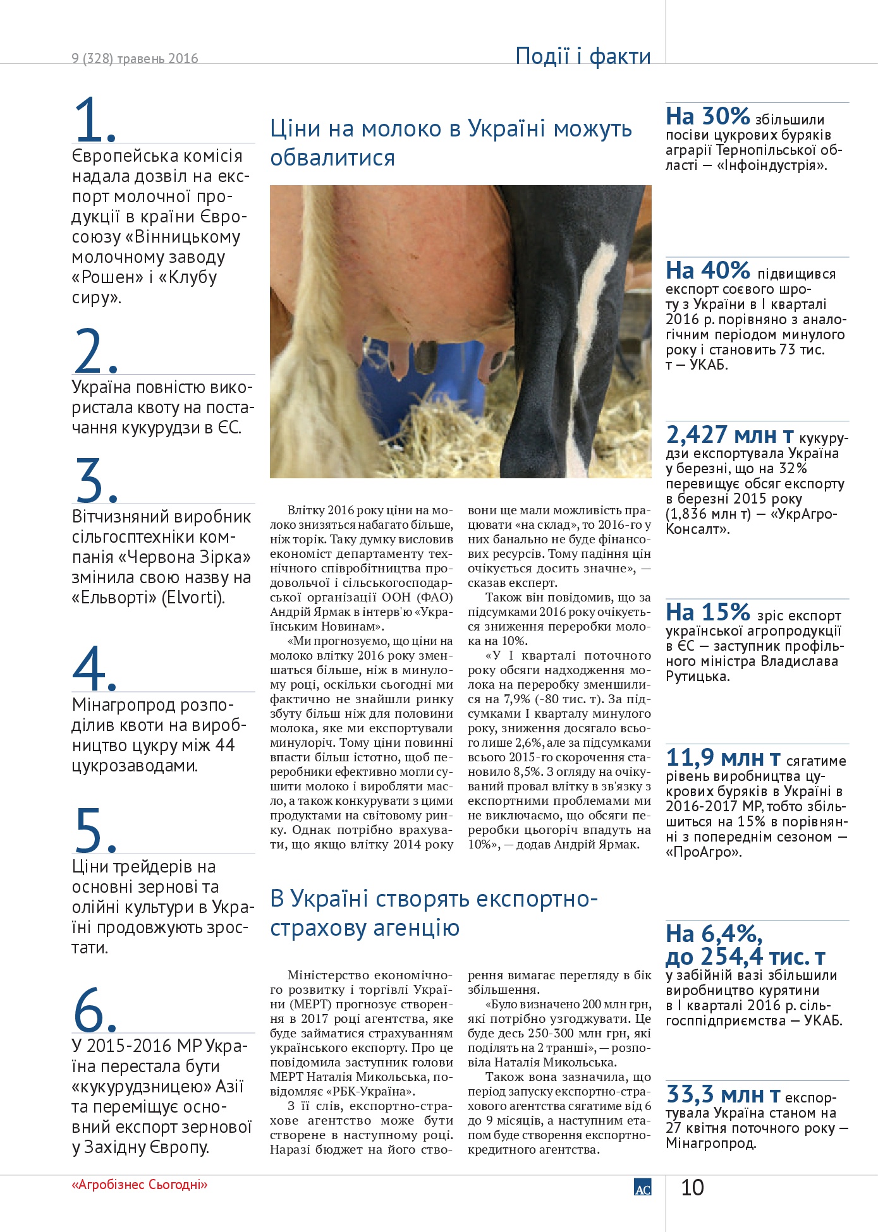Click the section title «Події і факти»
pos(583,56)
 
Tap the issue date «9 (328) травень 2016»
pos(135,59)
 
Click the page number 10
pos(692,1188)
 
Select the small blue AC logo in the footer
pos(642,1187)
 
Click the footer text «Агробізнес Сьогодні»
pos(140,1185)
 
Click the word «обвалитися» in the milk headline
pos(332,157)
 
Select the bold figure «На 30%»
pos(707,116)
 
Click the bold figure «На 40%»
pos(707,270)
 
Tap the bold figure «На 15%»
pos(707,612)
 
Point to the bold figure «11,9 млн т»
pos(723,757)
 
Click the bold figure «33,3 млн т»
pos(723,1094)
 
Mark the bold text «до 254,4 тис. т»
pos(745,957)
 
